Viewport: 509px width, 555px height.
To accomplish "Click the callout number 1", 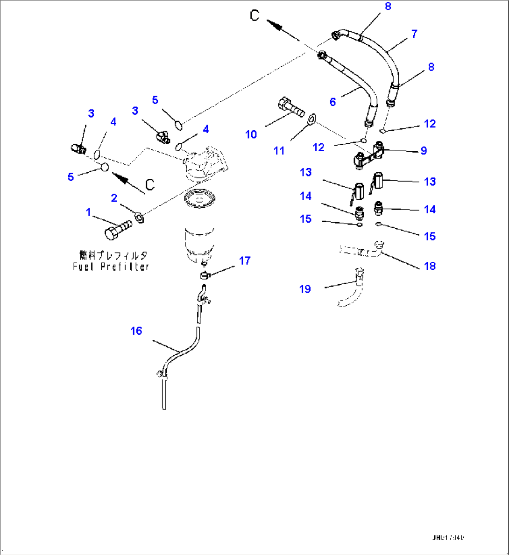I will (88, 212).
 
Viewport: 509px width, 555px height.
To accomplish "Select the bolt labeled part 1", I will (118, 229).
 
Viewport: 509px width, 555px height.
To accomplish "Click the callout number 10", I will (251, 134).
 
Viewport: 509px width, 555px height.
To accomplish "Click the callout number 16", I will (136, 331).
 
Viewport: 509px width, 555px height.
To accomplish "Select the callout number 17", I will (245, 260).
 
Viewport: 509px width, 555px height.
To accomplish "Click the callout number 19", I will (305, 289).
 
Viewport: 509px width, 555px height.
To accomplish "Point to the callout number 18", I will (430, 266).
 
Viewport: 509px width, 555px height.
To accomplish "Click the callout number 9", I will (424, 150).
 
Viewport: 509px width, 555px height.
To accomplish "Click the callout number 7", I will (414, 34).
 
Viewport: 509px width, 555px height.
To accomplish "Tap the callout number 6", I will (332, 102).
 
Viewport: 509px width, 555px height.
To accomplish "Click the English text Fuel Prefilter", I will (111, 267).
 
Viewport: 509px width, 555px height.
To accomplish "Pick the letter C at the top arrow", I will (254, 15).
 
